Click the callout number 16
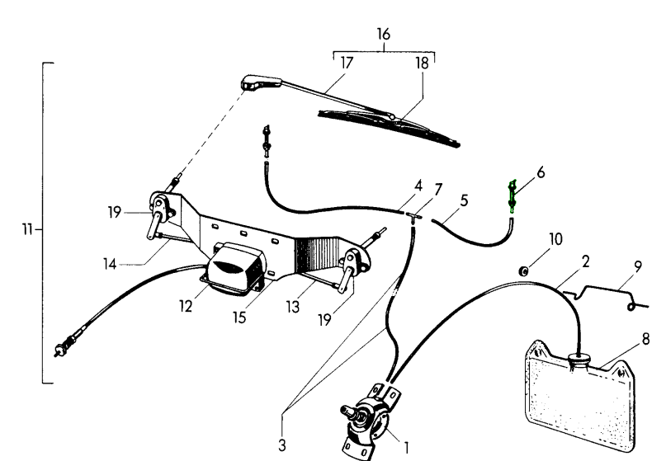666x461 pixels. (382, 35)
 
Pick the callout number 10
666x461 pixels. (555, 239)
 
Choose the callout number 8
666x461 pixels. (645, 339)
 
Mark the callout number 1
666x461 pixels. (406, 448)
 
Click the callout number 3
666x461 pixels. (282, 445)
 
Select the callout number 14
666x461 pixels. (111, 265)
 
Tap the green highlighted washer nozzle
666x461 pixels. (512, 198)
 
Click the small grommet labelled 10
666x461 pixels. (524, 270)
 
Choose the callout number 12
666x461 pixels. (186, 306)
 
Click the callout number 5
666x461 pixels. (464, 200)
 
